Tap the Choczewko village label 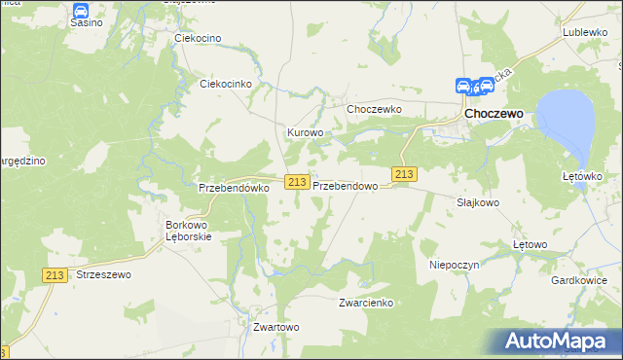[x=375, y=109]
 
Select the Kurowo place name [x=304, y=132]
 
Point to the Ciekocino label [x=198, y=38]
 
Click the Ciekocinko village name [x=226, y=84]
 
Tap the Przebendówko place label [x=233, y=188]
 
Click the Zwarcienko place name [x=365, y=303]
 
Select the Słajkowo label [x=478, y=203]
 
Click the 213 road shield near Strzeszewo [x=55, y=276]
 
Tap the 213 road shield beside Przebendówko [x=297, y=182]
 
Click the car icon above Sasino [x=81, y=11]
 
